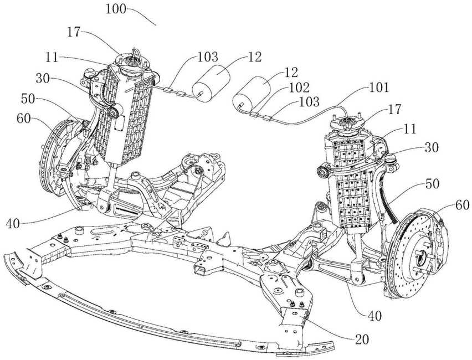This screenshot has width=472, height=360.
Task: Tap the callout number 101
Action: (x=379, y=88)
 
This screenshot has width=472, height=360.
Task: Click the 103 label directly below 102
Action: (x=307, y=102)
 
